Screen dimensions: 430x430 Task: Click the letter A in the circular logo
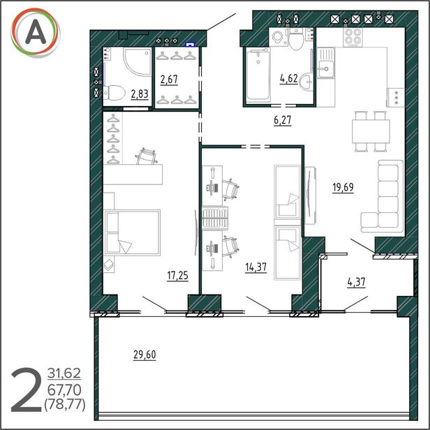36,33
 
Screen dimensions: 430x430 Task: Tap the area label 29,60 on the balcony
144,355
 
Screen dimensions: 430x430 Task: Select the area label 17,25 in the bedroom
178,276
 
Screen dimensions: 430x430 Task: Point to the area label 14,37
256,267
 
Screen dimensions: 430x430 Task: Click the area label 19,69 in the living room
343,188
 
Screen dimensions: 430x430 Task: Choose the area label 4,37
357,282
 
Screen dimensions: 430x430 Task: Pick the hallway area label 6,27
283,120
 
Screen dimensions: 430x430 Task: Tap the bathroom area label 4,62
289,79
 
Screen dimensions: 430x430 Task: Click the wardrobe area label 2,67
169,80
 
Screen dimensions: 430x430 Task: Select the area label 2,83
140,94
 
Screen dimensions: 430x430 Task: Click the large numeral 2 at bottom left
26,390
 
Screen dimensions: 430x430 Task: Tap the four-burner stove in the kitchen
353,37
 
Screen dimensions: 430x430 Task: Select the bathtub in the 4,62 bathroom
258,75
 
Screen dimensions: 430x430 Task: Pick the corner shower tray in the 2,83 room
137,62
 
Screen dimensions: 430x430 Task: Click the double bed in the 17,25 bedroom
132,232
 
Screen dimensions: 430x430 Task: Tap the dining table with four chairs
371,131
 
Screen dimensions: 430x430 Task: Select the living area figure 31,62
64,373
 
